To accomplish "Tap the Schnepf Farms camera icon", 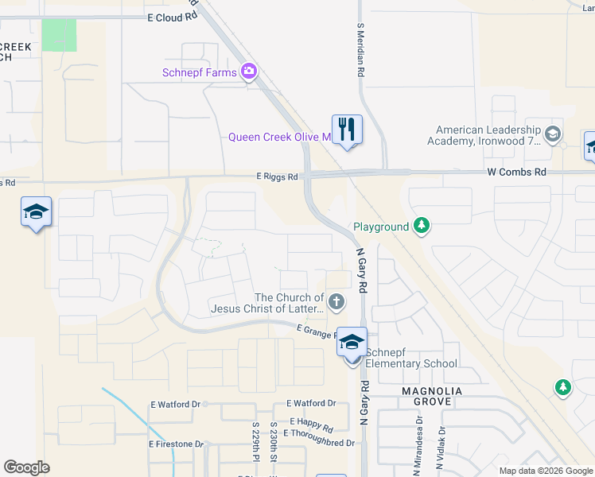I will coord(249,72).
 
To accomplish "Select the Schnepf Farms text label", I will coord(200,73).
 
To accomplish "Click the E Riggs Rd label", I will coord(276,176).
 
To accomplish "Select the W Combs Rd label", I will coord(517,172).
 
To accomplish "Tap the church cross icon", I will coord(336,301).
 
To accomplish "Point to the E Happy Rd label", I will coord(311,421).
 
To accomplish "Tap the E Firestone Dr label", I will coord(177,444).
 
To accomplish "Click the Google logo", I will coord(26,467).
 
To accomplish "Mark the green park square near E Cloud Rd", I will coord(59,35).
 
